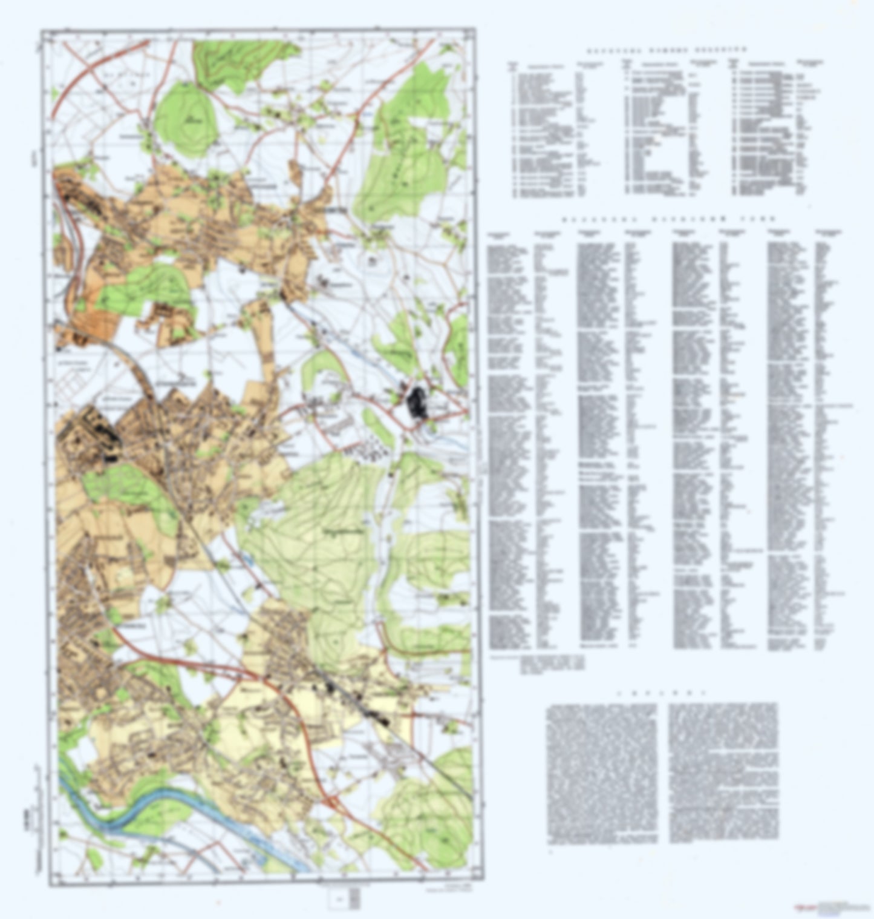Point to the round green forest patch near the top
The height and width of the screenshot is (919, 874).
[184, 115]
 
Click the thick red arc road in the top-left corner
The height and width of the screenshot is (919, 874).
[79, 73]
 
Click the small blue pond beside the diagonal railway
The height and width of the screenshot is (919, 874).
[250, 560]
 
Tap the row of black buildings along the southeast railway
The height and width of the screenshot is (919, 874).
[357, 702]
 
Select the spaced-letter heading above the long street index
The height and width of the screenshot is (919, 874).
[668, 219]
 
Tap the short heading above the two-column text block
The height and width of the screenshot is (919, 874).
[662, 692]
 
